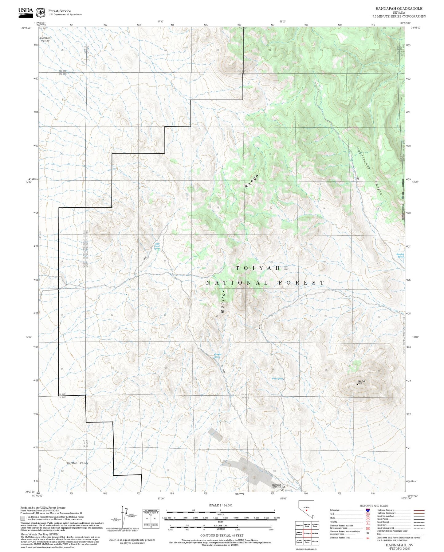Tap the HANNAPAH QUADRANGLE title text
point(399,9)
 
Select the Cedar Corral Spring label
point(157,246)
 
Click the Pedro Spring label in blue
point(277,378)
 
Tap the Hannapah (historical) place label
point(277,486)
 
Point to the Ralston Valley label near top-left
point(45,39)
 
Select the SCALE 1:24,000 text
point(220,505)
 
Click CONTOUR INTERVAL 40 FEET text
point(222,536)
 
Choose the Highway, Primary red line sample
point(419,510)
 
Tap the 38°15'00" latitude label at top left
point(28,28)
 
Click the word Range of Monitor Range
point(252,182)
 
